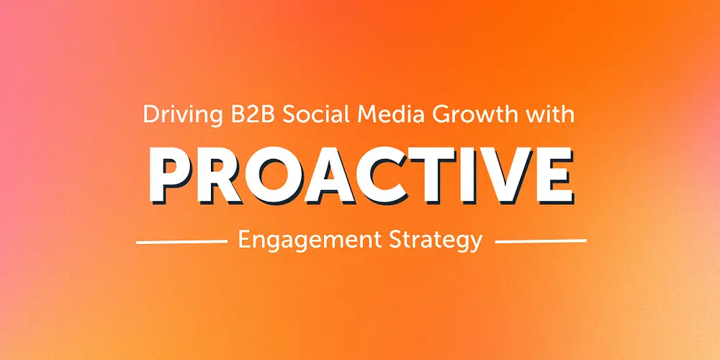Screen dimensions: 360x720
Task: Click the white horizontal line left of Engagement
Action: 181,241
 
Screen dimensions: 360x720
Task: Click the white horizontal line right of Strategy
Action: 540,241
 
